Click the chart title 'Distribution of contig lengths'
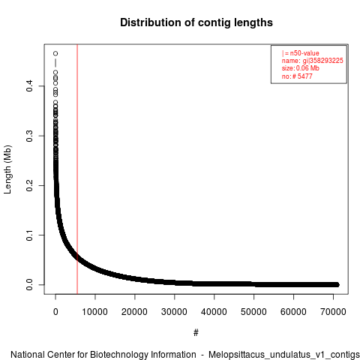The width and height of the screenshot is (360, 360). [x=196, y=22]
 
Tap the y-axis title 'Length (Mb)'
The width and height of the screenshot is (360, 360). [x=7, y=169]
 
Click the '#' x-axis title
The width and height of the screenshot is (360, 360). [x=196, y=333]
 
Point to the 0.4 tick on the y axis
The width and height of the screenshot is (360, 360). [x=29, y=86]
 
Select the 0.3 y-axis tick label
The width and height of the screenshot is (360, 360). [x=29, y=136]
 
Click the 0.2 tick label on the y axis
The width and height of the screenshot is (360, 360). [x=29, y=185]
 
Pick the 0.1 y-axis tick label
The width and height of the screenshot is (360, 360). [x=29, y=235]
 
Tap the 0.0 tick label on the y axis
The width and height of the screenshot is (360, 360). [x=29, y=285]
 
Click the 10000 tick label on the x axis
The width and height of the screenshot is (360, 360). [x=95, y=312]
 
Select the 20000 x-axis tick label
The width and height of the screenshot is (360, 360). [x=134, y=312]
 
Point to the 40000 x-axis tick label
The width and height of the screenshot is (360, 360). [x=214, y=312]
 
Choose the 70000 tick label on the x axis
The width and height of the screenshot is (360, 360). [x=333, y=312]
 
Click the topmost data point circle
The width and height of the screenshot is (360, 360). [x=55, y=53]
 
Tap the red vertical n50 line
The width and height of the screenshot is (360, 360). [x=77, y=169]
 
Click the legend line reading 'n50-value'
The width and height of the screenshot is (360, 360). [x=301, y=53]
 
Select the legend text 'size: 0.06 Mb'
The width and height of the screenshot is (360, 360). [x=301, y=68]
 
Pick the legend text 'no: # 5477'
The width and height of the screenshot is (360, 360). [x=297, y=76]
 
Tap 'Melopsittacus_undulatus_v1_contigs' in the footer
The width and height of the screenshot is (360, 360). [x=284, y=355]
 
